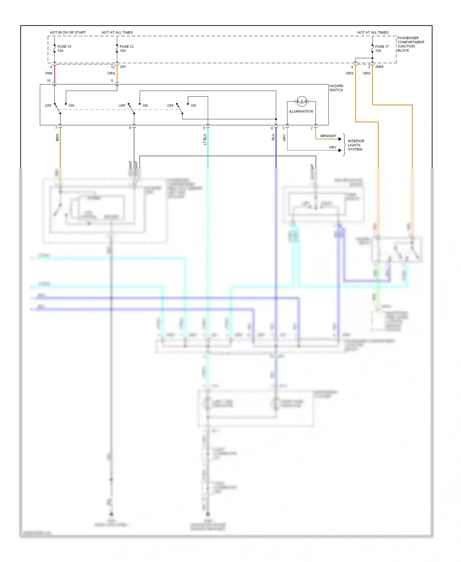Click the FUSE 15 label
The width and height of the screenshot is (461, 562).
[64, 47]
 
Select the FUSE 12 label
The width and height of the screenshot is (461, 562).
[126, 47]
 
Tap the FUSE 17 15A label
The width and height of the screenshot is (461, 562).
[382, 49]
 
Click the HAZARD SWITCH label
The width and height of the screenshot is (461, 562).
[336, 88]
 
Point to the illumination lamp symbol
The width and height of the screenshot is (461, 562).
[301, 101]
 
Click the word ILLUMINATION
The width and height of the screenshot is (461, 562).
[301, 111]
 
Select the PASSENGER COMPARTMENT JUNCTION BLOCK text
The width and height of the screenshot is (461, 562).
[411, 44]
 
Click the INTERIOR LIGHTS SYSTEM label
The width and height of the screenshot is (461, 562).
[356, 145]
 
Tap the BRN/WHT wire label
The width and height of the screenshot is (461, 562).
[328, 136]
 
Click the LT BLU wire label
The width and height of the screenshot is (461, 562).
[205, 139]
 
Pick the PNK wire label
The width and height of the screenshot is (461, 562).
[49, 73]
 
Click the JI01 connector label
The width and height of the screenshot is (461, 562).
[123, 67]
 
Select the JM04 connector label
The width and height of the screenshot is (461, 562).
[379, 67]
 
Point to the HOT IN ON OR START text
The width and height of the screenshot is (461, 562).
[68, 32]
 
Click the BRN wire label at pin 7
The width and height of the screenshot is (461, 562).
[57, 137]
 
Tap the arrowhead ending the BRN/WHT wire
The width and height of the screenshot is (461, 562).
[340, 139]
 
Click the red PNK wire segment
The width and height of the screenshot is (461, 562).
[55, 74]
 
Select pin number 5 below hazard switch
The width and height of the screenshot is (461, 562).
[204, 128]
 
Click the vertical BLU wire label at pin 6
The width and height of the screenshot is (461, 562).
[273, 137]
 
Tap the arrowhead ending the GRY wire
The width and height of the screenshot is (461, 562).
[340, 150]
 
